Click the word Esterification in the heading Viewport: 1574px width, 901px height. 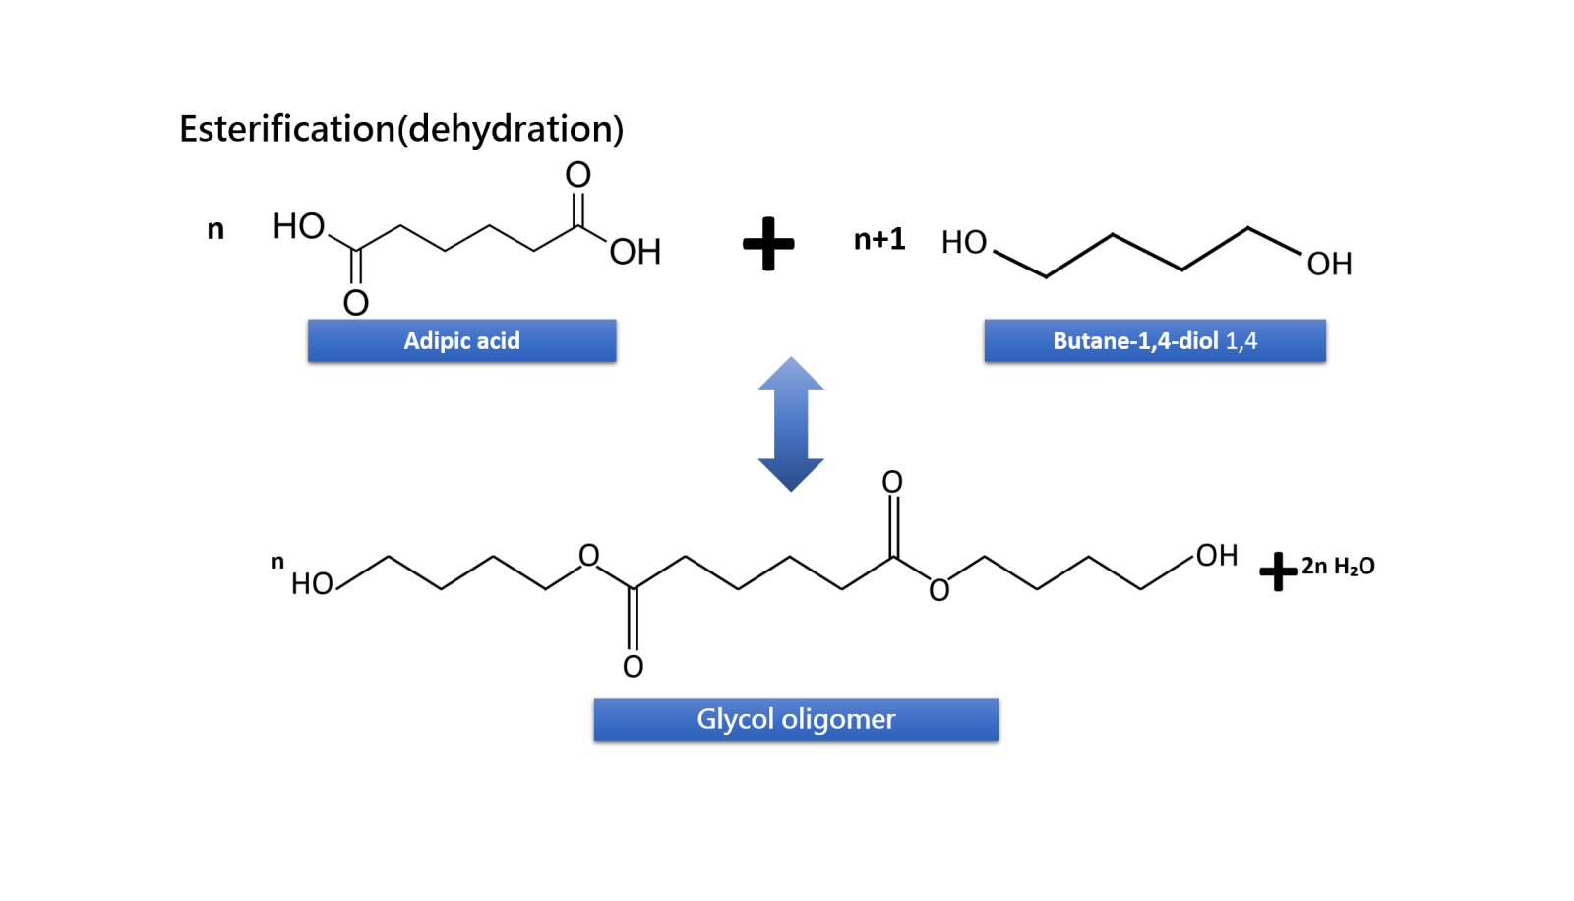coord(287,129)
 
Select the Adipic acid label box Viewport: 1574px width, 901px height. coord(461,340)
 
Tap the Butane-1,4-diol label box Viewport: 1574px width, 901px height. coord(1154,340)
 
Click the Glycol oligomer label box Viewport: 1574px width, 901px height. coord(796,719)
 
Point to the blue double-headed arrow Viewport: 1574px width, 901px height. coord(791,424)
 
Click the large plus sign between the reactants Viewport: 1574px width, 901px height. coord(768,243)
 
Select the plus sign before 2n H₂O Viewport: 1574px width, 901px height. coord(1277,571)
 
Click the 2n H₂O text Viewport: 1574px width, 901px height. coord(1338,567)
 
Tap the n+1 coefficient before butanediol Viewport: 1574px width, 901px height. coord(878,239)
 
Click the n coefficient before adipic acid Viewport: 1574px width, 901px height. coord(215,230)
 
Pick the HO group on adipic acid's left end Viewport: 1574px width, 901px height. coord(298,226)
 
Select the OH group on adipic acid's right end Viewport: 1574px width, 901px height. coord(635,253)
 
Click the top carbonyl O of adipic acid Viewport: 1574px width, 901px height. coord(577,175)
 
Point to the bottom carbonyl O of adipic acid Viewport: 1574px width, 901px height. coord(355,302)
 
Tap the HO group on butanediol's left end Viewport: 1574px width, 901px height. coord(963,242)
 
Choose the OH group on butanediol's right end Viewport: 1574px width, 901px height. coord(1329,264)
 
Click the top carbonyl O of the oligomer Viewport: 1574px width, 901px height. coord(892,482)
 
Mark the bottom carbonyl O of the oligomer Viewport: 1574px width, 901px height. coord(633,667)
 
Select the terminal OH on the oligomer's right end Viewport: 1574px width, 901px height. coord(1217,556)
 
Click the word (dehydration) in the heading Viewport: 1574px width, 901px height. coord(511,129)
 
